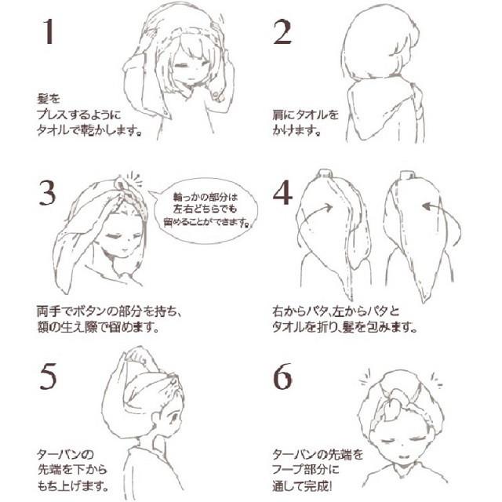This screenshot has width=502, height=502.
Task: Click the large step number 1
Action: (x=48, y=33)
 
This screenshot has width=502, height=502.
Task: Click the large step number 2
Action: (x=283, y=33)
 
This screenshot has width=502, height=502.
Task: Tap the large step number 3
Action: (x=49, y=190)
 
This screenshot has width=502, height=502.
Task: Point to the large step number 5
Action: (x=49, y=378)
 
